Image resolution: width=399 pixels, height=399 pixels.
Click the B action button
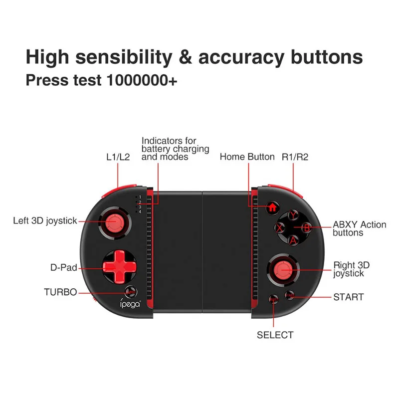click(307, 228)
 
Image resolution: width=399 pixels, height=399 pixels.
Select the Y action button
click(294, 215)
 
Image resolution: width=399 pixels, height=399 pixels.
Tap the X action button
click(281, 228)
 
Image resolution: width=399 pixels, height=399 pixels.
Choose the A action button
click(294, 241)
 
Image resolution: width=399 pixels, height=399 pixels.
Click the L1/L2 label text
click(118, 157)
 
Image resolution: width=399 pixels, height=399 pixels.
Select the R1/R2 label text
click(295, 157)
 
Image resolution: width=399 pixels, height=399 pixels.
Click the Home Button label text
click(247, 157)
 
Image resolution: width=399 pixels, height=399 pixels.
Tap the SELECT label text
click(275, 335)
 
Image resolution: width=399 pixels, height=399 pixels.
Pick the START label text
click(348, 297)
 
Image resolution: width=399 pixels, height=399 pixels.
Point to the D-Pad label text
click(64, 267)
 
